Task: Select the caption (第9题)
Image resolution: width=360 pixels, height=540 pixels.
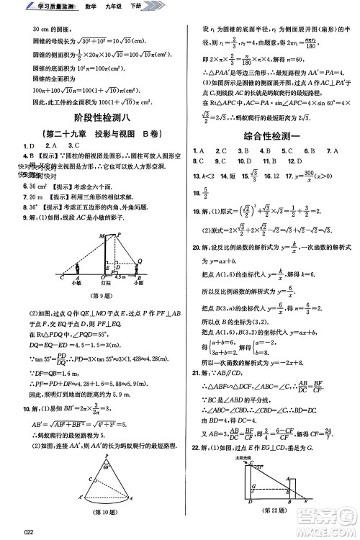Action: (x=94, y=296)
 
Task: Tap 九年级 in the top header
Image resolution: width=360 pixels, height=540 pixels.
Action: (x=119, y=6)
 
